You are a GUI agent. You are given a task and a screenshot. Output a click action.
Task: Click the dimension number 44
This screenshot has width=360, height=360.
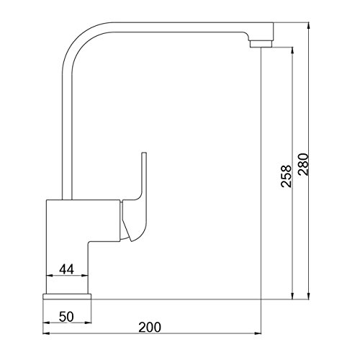pos(67,269)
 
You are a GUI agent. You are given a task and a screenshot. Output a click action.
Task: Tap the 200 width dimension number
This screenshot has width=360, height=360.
pos(148,326)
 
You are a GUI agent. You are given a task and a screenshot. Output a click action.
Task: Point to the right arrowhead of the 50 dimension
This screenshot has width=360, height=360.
pos(90,320)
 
